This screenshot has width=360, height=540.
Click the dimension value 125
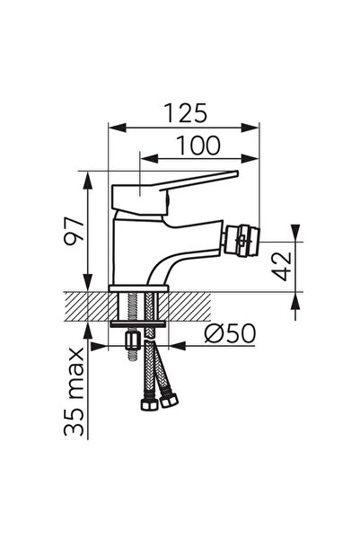pos(186,113)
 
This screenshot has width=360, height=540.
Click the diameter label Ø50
pos(230,333)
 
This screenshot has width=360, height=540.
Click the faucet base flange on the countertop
pos(139,288)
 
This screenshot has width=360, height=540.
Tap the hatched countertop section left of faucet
pos(86,305)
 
